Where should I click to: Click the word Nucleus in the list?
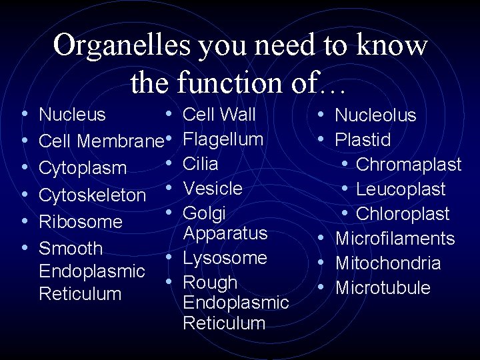[x=73, y=115]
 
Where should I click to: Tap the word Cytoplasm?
[x=83, y=168]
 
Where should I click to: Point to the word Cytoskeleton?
[x=93, y=195]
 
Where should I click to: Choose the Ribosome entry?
[x=81, y=222]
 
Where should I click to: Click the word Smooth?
[x=71, y=249]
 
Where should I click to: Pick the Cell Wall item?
[x=219, y=115]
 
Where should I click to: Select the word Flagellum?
[x=223, y=139]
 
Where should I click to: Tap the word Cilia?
[x=201, y=164]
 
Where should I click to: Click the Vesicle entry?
[x=213, y=189]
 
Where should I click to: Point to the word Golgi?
[x=205, y=214]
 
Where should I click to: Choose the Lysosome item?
[x=225, y=258]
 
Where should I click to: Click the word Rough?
[x=210, y=283]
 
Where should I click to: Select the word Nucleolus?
[x=375, y=115]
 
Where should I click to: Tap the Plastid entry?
[x=363, y=140]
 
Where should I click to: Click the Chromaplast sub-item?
[x=409, y=165]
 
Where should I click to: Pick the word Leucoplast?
[x=401, y=189]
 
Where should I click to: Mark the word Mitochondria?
[x=388, y=263]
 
